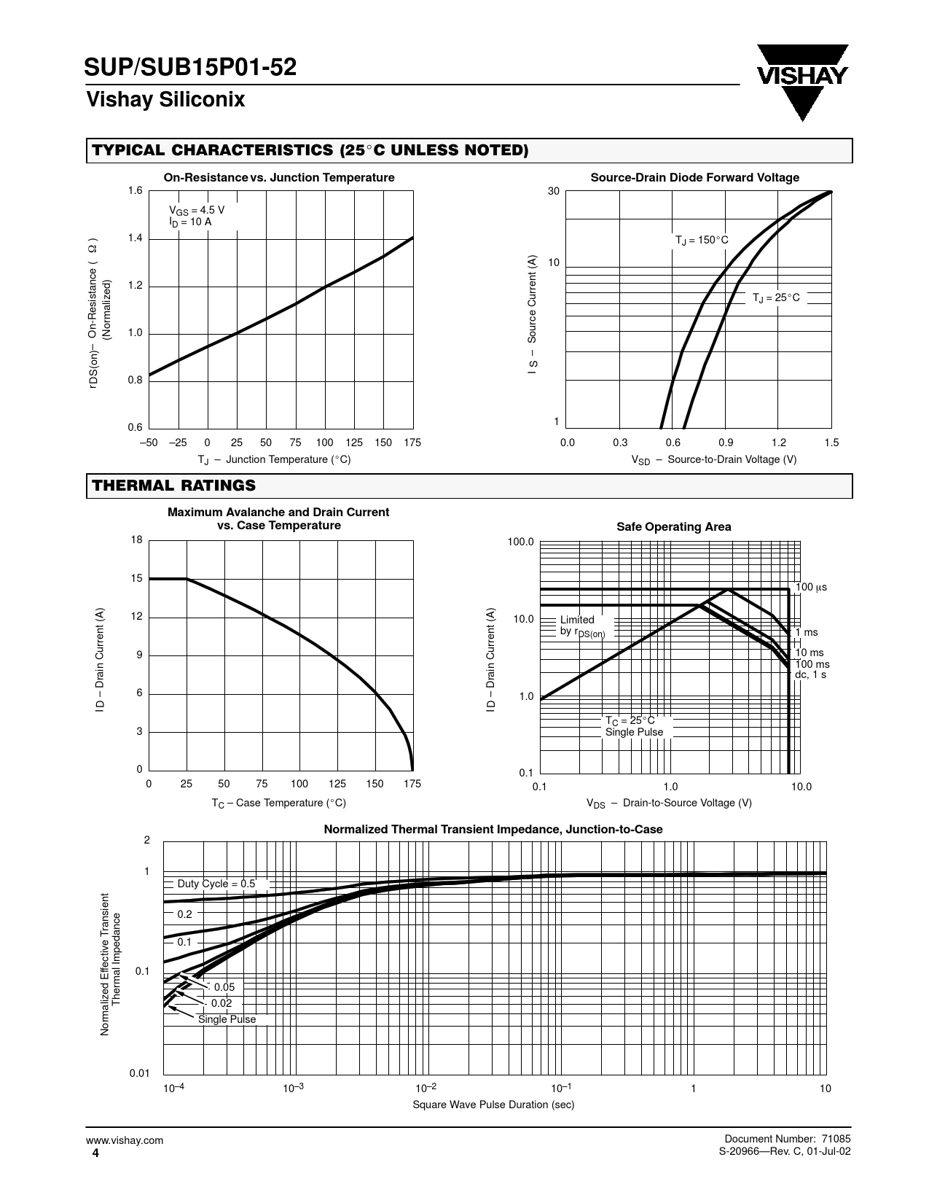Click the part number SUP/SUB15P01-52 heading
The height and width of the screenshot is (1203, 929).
pos(191,68)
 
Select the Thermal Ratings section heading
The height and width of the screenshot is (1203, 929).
pos(173,486)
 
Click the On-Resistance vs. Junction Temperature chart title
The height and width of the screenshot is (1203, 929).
pos(278,178)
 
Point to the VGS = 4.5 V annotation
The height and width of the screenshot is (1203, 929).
pos(197,210)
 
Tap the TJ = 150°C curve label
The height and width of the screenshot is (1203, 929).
pos(701,241)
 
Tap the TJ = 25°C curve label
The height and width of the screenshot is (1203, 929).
pos(776,297)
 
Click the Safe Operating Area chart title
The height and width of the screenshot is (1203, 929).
pos(673,526)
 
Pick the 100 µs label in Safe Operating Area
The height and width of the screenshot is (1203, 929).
pos(811,587)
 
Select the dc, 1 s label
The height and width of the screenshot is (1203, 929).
pos(810,675)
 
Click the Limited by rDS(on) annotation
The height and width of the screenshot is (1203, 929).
pos(581,626)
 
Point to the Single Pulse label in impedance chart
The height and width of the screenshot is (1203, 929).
pos(227,1019)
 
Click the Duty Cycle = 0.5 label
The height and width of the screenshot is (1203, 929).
pos(216,884)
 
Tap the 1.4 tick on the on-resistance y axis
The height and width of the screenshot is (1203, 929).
pos(135,238)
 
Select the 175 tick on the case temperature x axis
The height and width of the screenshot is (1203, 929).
pos(412,784)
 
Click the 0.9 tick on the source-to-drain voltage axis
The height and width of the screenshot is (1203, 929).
pos(726,443)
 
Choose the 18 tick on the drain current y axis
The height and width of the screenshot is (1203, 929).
pos(136,540)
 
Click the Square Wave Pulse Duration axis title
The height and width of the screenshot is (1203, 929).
pos(493,1105)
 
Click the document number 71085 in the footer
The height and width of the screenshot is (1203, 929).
pos(835,1140)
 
